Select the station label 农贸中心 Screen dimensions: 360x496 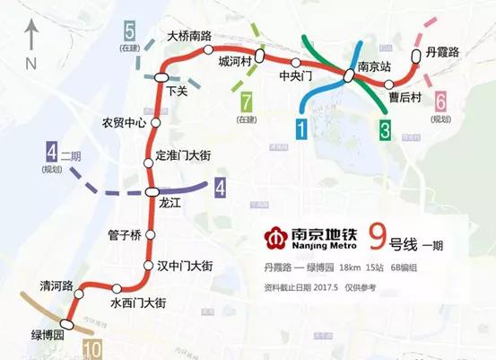coord(124,123)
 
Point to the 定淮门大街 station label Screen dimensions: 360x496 coord(183,156)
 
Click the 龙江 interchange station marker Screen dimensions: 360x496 coord(152,190)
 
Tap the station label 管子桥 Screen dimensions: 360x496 coord(124,235)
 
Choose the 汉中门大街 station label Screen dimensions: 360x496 coord(183,266)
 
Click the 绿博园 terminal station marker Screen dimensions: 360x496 coord(68,323)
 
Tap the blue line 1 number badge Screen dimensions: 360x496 coord(301,128)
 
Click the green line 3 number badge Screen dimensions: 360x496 coord(384,129)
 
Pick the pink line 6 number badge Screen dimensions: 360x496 coord(441,101)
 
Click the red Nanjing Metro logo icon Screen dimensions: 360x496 coord(273,238)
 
